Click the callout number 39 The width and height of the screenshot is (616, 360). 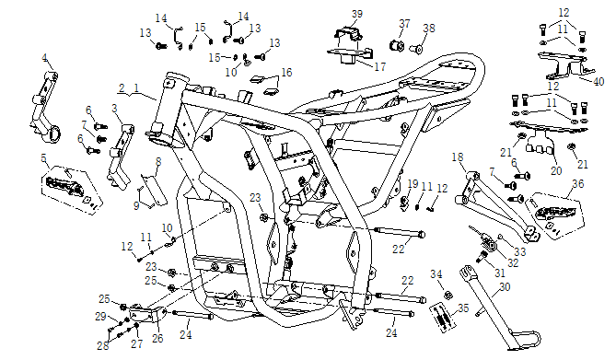(356, 14)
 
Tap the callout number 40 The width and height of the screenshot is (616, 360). (599, 82)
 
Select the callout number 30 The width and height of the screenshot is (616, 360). (505, 287)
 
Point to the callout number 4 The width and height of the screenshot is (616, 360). (45, 58)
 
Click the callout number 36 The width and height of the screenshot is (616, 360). (578, 183)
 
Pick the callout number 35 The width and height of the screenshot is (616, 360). (463, 308)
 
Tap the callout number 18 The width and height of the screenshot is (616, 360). (458, 157)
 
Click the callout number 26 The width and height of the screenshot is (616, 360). (157, 338)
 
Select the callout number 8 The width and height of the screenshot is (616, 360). (158, 161)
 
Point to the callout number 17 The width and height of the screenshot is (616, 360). (380, 67)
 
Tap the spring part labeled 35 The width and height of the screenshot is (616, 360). (443, 315)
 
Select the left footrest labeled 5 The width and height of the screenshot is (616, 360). (71, 190)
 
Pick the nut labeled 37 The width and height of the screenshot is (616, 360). (397, 46)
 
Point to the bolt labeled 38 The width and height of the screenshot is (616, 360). (416, 49)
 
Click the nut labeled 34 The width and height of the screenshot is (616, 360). (447, 295)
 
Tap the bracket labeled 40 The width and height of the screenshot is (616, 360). (563, 64)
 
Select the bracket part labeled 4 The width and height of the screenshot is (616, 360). (44, 107)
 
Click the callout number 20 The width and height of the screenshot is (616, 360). (556, 171)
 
